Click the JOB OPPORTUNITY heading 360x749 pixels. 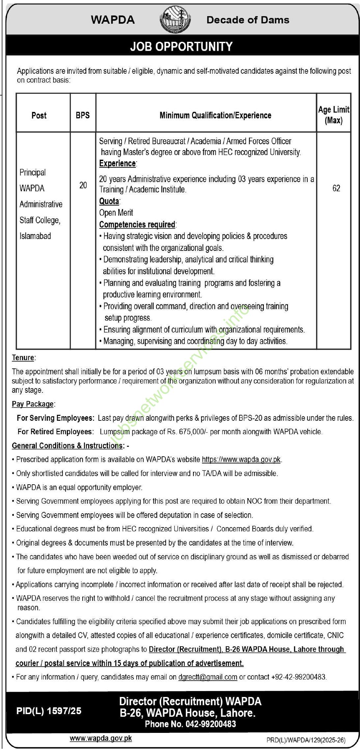pyautogui.click(x=181, y=46)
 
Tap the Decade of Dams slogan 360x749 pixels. pyautogui.click(x=248, y=20)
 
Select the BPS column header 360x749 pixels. pyautogui.click(x=83, y=115)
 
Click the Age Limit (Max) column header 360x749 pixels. pyautogui.click(x=334, y=115)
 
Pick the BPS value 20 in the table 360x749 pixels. pyautogui.click(x=83, y=185)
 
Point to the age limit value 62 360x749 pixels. pyautogui.click(x=336, y=188)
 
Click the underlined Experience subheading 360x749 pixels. pyautogui.click(x=118, y=164)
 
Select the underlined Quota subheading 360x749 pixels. pyautogui.click(x=109, y=201)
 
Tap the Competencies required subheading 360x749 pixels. pyautogui.click(x=137, y=225)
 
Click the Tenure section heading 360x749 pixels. pyautogui.click(x=23, y=358)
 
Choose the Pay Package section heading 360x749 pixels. pyautogui.click(x=33, y=404)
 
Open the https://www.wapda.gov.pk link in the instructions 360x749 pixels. pyautogui.click(x=241, y=459)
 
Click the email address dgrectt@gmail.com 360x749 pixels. pyautogui.click(x=208, y=677)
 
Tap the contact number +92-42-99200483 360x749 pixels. pyautogui.click(x=298, y=677)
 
